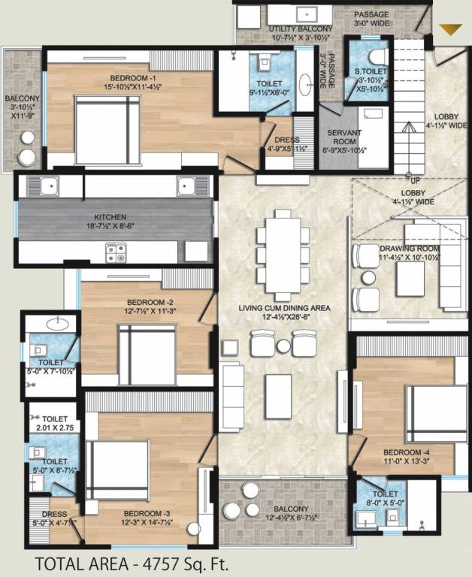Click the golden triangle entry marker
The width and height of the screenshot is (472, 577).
(450, 30)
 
